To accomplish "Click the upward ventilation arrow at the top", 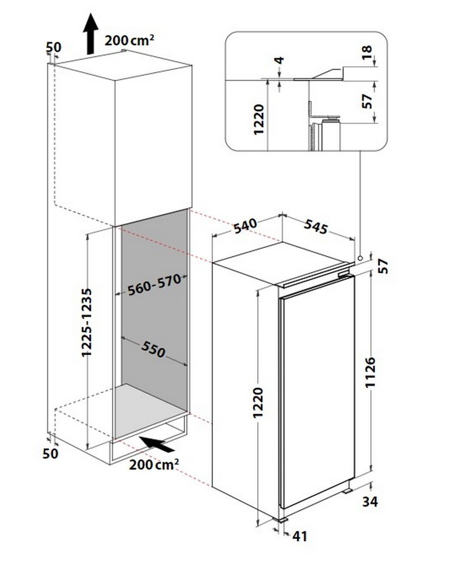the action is (x=91, y=34).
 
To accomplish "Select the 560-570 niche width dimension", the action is (x=154, y=285).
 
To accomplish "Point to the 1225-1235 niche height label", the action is (x=87, y=323).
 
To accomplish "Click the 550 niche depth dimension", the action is (x=153, y=349).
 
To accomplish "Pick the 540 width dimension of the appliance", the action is (x=245, y=226).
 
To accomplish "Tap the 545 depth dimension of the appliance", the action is (x=316, y=227).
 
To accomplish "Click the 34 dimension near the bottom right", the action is (x=370, y=501).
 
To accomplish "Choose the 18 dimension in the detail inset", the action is (x=367, y=52).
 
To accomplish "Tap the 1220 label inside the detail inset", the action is (x=259, y=119).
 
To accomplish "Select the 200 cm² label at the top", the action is (x=129, y=40).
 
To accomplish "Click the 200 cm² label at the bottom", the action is (x=154, y=465).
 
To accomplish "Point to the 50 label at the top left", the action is (x=53, y=48).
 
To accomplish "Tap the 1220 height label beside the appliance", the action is (x=258, y=403).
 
